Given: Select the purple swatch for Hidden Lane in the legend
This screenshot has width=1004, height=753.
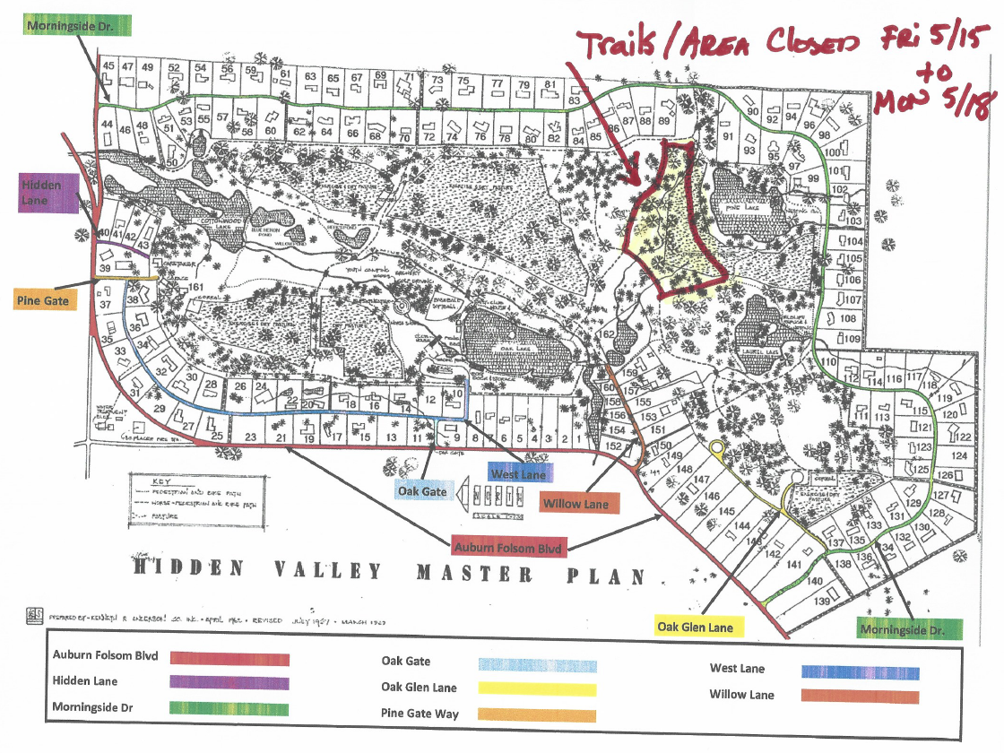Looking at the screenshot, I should [229, 683].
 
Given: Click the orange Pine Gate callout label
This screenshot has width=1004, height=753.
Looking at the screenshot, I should [43, 301].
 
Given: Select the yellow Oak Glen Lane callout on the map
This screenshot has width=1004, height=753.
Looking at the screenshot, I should [695, 627].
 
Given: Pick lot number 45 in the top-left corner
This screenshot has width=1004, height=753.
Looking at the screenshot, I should [109, 67].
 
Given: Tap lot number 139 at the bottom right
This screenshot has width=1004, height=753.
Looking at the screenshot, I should [823, 602].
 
